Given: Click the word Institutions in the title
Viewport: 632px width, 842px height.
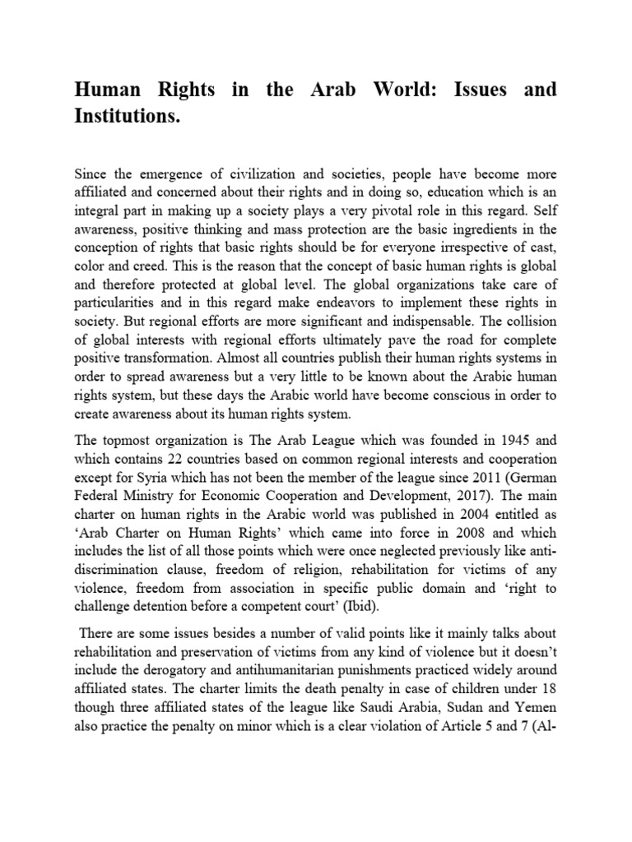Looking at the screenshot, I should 127,118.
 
